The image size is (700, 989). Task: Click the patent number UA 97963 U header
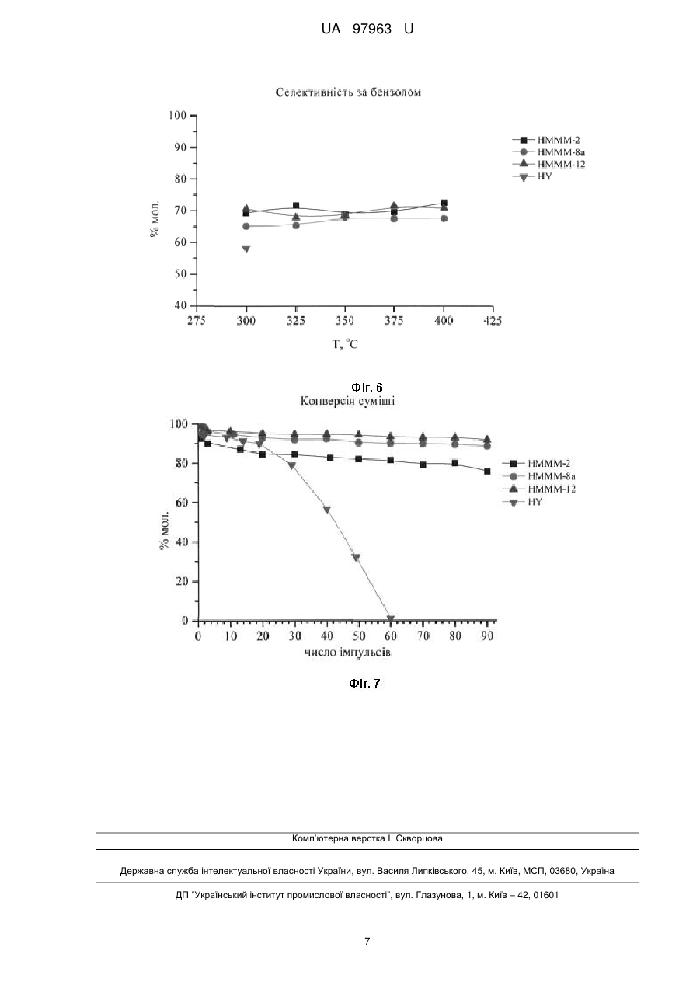click(367, 29)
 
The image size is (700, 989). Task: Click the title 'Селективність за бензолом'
click(348, 92)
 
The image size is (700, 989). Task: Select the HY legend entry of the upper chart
click(532, 177)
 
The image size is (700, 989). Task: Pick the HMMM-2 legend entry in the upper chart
click(546, 141)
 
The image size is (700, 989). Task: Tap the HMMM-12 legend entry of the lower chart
click(539, 489)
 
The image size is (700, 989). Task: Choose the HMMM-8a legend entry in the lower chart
click(539, 476)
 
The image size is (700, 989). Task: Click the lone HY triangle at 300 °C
click(246, 249)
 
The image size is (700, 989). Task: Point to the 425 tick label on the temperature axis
click(493, 321)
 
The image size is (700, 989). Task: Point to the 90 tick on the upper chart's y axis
click(180, 147)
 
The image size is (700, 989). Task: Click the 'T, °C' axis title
click(345, 344)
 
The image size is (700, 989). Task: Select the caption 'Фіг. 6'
click(367, 387)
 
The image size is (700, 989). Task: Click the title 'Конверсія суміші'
click(347, 401)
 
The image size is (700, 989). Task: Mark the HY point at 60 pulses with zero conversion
click(391, 618)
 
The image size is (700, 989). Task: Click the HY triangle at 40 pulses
click(327, 510)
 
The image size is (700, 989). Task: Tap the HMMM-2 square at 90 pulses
click(487, 471)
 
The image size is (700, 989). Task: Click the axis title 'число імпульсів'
click(347, 652)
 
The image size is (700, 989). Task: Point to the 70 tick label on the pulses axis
click(423, 636)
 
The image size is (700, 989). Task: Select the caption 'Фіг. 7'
click(364, 684)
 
